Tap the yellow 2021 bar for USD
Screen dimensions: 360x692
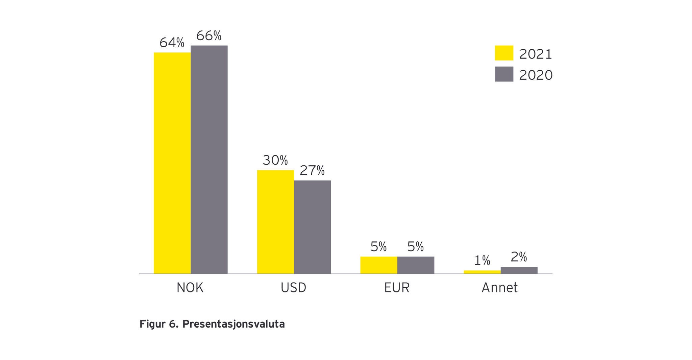pos(275,222)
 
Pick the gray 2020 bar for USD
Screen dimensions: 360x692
pos(312,227)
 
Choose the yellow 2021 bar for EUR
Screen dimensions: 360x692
pos(378,265)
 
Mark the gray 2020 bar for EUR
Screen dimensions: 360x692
pos(416,265)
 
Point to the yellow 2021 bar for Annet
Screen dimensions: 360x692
pos(482,272)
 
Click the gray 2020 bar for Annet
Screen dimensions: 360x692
pos(519,270)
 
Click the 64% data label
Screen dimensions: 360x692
pos(172,43)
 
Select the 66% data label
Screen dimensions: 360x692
pos(209,36)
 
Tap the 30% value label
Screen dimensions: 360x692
pos(275,160)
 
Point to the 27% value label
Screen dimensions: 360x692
pos(312,171)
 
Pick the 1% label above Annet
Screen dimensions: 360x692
pos(482,261)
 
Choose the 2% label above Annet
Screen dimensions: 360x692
pos(519,257)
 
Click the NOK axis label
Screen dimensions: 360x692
pos(190,288)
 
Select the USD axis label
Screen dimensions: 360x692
pos(293,288)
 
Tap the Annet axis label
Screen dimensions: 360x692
pos(499,288)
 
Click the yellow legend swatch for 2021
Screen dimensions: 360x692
pos(504,53)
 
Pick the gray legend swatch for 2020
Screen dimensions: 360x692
pos(504,74)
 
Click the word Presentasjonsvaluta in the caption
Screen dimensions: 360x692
pos(233,324)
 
